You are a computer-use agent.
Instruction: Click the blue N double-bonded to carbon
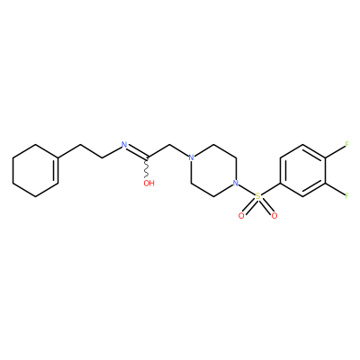pos(124,145)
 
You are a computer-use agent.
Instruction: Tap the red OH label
pos(148,184)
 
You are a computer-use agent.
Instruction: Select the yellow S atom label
pos(257,196)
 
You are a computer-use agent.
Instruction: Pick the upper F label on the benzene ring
pos(346,144)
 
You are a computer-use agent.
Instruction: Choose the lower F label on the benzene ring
pos(346,196)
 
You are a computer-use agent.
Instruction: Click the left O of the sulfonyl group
pos(241,216)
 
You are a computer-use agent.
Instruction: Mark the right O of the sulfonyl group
pos(274,216)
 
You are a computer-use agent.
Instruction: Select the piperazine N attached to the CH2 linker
pos(191,157)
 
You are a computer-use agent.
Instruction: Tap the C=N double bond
pos(138,152)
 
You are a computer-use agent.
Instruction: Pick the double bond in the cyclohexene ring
pos(57,170)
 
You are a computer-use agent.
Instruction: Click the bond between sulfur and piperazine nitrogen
pos(247,190)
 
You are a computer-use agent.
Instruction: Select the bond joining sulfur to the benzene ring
pos(270,190)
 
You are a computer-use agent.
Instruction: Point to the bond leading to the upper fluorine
pos(335,151)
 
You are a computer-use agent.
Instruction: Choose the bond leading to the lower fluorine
pos(335,190)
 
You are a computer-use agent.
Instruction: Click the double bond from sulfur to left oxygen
pos(249,206)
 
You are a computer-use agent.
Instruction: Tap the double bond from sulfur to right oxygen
pos(266,206)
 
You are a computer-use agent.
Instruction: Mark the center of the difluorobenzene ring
pos(302,170)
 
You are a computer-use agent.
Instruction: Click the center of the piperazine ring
pos(213,170)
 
